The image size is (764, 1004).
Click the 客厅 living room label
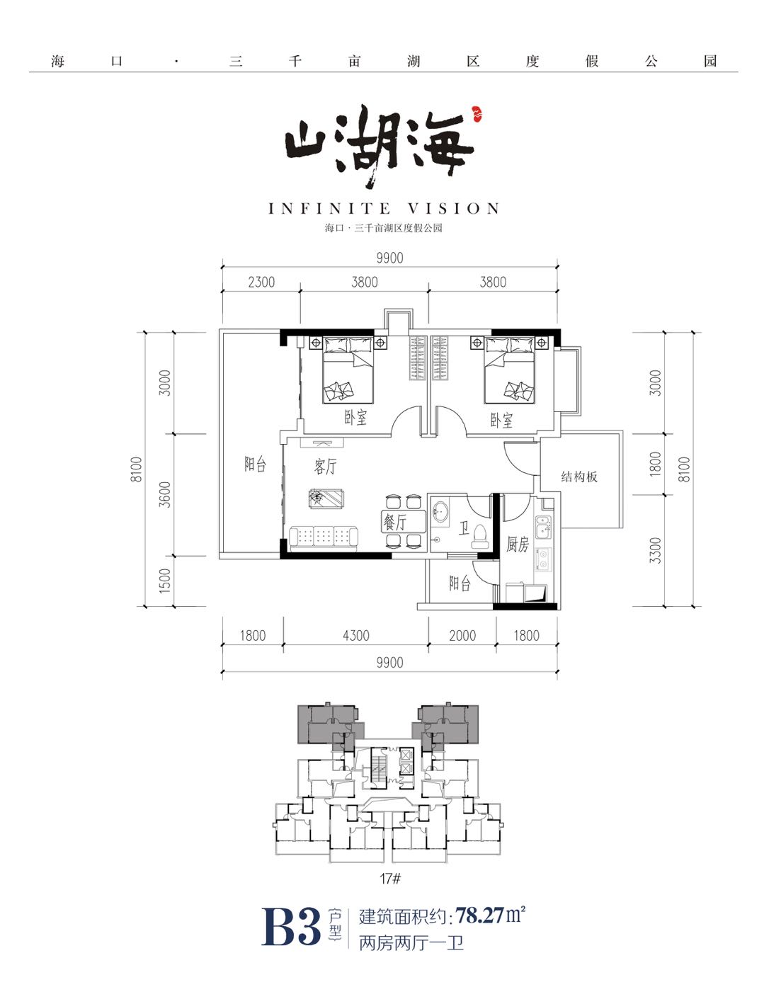coord(325,467)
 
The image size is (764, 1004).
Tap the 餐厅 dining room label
coord(395,523)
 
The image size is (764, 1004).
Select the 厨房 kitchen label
coord(517,544)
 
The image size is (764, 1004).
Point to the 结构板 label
coord(579,477)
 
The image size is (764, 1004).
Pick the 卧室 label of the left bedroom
coord(355,417)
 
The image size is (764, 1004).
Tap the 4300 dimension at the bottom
coord(356,635)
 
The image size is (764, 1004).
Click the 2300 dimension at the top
coord(261,282)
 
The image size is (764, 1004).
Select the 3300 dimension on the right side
coord(655,550)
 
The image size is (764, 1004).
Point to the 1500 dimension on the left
coord(165,580)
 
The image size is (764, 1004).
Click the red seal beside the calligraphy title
coord(476,113)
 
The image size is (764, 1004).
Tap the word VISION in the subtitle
coord(454,208)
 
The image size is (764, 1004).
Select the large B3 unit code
coord(290,927)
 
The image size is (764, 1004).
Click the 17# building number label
coord(390,878)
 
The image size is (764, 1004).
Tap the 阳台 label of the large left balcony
coord(255,464)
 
